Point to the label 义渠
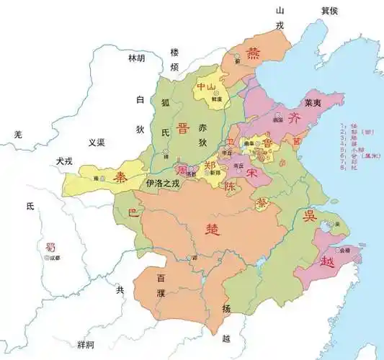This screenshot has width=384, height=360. click(97, 143)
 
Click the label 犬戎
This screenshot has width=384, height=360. click(65, 163)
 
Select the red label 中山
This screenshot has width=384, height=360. click(206, 87)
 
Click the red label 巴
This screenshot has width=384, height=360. click(131, 212)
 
